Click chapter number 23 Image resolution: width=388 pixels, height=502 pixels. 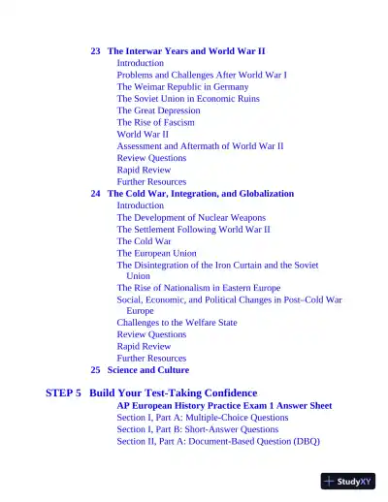click(96, 50)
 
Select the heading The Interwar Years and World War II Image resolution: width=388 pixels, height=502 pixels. click(186, 50)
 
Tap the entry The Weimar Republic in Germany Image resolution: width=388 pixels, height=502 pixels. click(182, 86)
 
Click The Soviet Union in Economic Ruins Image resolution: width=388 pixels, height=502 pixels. click(188, 99)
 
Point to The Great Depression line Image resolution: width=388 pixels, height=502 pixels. click(160, 110)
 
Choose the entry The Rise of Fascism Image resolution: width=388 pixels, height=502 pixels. click(155, 122)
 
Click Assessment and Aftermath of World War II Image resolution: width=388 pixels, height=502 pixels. click(200, 146)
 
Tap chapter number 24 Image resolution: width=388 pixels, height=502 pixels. click(96, 194)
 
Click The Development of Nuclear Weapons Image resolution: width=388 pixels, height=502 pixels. click(191, 218)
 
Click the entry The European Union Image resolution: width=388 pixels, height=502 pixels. click(156, 253)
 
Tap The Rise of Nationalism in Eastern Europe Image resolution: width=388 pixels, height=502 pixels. click(198, 288)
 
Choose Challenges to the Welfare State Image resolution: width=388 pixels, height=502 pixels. click(177, 323)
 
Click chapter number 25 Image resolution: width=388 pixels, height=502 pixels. click(96, 370)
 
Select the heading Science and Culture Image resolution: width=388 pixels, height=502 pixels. click(147, 370)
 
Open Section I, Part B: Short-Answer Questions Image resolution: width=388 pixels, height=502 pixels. click(197, 429)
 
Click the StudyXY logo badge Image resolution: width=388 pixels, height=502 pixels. click(348, 481)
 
